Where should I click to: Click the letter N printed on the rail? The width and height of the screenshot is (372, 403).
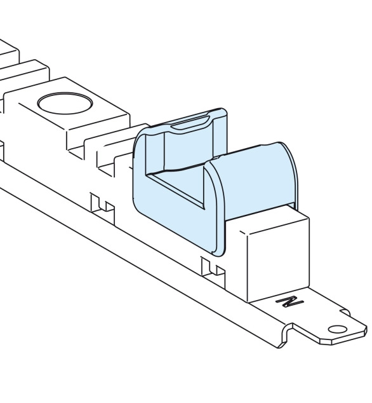[290, 301]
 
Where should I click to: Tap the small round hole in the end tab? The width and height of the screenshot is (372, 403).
[337, 329]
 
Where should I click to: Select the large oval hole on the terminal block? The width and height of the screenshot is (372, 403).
[65, 104]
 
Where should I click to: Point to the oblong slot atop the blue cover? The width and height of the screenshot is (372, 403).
[190, 123]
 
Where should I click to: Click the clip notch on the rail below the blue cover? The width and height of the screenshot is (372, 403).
[213, 269]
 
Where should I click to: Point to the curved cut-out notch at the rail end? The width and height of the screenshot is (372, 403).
[287, 334]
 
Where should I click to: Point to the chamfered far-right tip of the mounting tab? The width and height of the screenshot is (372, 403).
[365, 331]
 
